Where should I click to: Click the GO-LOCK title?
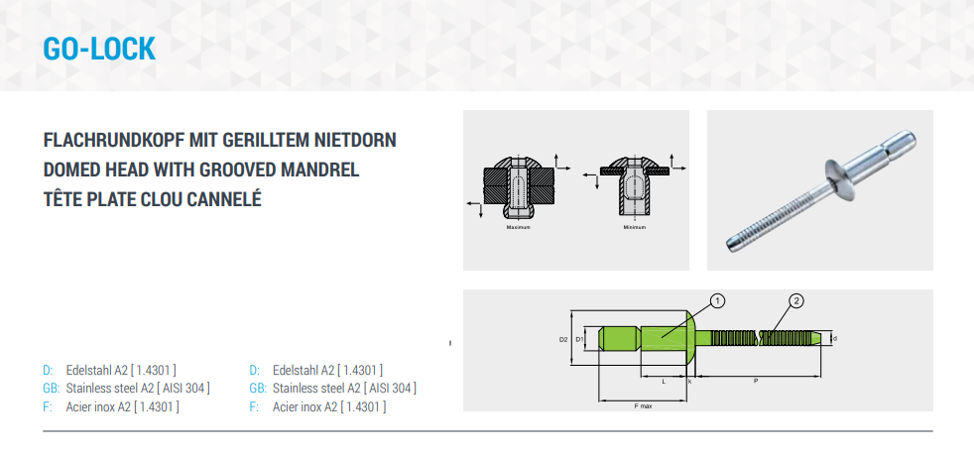click(x=99, y=49)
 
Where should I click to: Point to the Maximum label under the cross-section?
click(x=518, y=227)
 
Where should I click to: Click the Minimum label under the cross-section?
click(x=634, y=227)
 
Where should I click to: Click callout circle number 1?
click(x=718, y=301)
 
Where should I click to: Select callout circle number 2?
click(x=796, y=301)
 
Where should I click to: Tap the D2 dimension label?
click(x=563, y=340)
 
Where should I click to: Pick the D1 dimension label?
click(x=579, y=339)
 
